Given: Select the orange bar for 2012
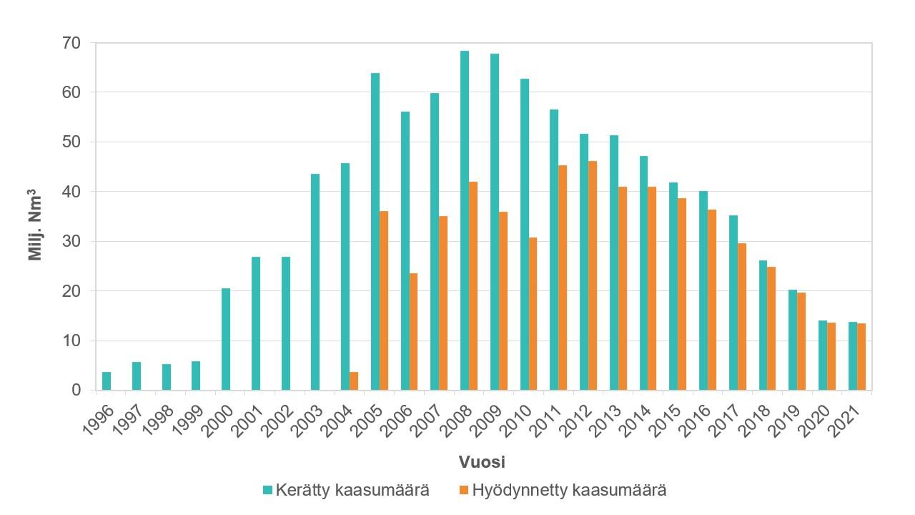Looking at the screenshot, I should tap(593, 275).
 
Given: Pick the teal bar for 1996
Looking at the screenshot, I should tap(107, 381).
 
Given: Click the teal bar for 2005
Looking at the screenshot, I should tap(375, 232).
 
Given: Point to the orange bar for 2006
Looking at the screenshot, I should tap(413, 332).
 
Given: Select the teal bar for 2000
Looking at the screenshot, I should tap(226, 339).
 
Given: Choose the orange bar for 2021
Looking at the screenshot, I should tap(861, 357).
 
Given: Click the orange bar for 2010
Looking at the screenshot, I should tap(533, 314).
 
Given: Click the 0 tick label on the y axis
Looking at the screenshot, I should tap(76, 391).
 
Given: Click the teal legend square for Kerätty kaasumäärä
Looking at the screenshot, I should tap(268, 491).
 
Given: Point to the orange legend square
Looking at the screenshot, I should tap(463, 491).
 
